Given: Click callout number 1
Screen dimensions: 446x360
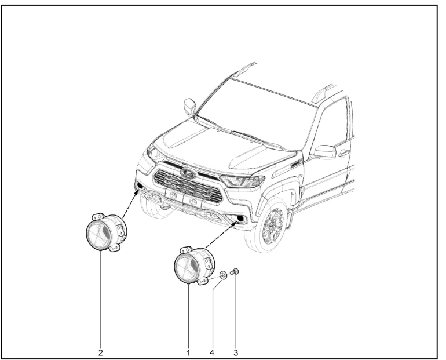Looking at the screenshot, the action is click(x=188, y=353).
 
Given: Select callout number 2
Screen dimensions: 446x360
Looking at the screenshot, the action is click(x=100, y=353).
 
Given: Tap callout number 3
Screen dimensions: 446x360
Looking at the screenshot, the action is click(x=236, y=353).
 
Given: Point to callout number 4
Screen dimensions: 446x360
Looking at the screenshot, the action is click(x=211, y=353).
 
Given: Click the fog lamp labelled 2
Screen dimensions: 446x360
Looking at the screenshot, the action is click(x=106, y=232).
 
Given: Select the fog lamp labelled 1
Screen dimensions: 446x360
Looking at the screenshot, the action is click(x=194, y=266).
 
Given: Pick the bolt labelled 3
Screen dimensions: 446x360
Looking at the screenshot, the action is click(x=235, y=272).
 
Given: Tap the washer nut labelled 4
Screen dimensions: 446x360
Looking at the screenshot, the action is click(x=223, y=275).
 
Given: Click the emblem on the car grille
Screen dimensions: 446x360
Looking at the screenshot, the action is click(x=188, y=172).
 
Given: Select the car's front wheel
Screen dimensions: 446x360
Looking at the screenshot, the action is click(x=268, y=224).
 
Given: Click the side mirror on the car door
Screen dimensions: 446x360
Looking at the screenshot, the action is click(x=324, y=152).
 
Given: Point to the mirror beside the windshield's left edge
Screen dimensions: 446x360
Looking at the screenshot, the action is click(x=190, y=106).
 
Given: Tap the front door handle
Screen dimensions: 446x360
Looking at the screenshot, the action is click(x=343, y=153).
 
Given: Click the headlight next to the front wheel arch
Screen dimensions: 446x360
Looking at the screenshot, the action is click(x=243, y=181).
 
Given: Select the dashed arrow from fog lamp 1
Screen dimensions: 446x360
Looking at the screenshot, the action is click(x=221, y=235).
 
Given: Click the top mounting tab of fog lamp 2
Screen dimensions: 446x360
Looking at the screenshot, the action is click(x=97, y=216).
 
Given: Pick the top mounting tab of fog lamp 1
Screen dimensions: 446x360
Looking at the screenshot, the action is click(x=187, y=250).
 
